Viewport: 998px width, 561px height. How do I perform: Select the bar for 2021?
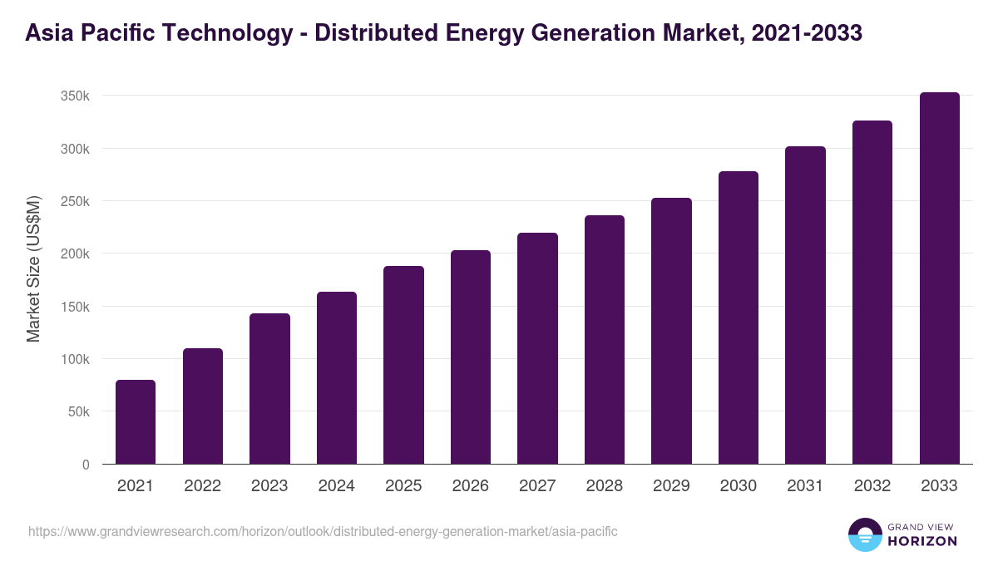(136, 422)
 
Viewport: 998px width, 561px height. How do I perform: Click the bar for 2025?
(403, 365)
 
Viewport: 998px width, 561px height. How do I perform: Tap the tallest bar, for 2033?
(939, 278)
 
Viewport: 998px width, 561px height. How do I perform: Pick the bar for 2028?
(605, 340)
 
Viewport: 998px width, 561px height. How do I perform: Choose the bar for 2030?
(739, 317)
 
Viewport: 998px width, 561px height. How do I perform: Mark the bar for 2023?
(269, 388)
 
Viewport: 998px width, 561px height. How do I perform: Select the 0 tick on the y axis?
(86, 465)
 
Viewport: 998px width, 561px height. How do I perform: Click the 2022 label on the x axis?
(202, 486)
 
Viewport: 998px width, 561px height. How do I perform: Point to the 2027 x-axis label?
(537, 486)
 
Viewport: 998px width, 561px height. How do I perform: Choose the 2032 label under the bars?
(872, 486)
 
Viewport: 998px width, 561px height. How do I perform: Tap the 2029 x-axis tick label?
(671, 486)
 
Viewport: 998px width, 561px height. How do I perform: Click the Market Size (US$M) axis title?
(33, 268)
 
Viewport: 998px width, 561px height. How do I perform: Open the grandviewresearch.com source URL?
(323, 531)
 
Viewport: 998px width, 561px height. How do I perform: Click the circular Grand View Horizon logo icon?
(864, 534)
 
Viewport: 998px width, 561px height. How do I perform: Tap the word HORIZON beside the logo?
(922, 541)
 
